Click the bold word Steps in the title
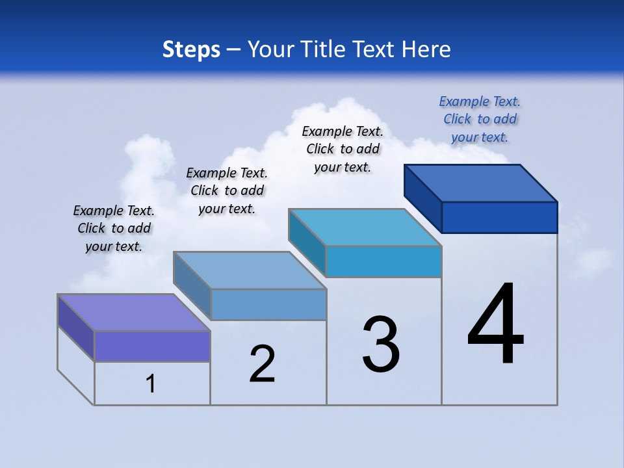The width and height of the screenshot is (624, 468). pyautogui.click(x=191, y=49)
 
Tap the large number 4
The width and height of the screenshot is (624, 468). pyautogui.click(x=496, y=324)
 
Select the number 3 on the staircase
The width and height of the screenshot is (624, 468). pyautogui.click(x=381, y=344)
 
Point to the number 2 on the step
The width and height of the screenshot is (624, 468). pyautogui.click(x=263, y=364)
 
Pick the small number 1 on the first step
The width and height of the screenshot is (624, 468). pyautogui.click(x=151, y=383)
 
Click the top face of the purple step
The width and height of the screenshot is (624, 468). pyautogui.click(x=134, y=312)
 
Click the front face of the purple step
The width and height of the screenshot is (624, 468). pyautogui.click(x=152, y=346)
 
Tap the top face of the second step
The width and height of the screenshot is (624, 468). pyautogui.click(x=250, y=270)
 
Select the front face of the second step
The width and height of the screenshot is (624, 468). pyautogui.click(x=268, y=304)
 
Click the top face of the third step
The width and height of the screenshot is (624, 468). pyautogui.click(x=365, y=227)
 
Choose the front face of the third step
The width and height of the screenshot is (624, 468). pyautogui.click(x=383, y=261)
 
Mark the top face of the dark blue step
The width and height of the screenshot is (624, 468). pyautogui.click(x=481, y=183)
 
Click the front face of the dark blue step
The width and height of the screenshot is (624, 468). pyautogui.click(x=499, y=217)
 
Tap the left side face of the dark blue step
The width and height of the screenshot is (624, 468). pyautogui.click(x=422, y=198)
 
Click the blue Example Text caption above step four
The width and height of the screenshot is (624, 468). pyautogui.click(x=480, y=119)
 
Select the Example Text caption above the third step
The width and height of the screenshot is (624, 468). pyautogui.click(x=343, y=149)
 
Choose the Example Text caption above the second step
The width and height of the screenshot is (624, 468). pyautogui.click(x=227, y=190)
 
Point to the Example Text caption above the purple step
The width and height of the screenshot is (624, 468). pyautogui.click(x=114, y=228)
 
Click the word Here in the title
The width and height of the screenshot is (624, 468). pyautogui.click(x=426, y=49)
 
